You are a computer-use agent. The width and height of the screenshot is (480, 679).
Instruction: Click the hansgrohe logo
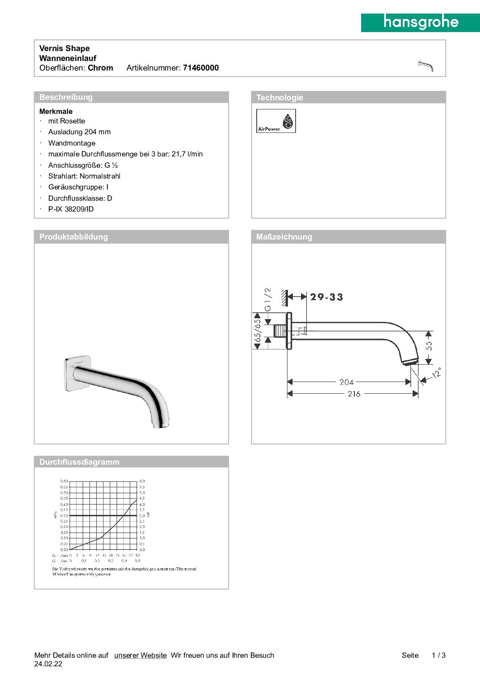(420, 22)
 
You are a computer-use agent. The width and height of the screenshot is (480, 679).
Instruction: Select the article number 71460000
(201, 68)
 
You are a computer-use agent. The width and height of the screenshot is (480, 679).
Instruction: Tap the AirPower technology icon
(276, 121)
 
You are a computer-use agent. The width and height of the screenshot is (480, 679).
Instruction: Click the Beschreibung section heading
(66, 97)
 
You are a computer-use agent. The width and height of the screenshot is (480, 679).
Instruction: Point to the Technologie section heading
(279, 98)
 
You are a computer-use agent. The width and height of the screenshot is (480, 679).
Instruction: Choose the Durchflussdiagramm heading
(80, 462)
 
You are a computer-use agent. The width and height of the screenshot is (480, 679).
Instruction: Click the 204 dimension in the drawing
(346, 382)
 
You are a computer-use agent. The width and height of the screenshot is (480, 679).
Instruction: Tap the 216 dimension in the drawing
(354, 394)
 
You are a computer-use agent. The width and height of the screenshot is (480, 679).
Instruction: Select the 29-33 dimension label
(326, 297)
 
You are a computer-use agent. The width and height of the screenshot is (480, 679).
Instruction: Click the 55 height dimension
(429, 346)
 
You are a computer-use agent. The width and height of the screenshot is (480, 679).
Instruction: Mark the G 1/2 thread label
(268, 299)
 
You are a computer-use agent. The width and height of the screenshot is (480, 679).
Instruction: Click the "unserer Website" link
(140, 655)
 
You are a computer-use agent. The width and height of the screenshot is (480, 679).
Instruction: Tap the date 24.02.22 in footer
(48, 664)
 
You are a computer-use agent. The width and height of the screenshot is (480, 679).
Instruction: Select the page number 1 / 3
(438, 655)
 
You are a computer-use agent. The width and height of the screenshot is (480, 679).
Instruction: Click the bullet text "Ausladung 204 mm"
(80, 132)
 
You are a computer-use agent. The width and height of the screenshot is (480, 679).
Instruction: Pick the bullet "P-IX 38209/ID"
(71, 209)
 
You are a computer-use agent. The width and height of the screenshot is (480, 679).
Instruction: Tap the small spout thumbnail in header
(425, 66)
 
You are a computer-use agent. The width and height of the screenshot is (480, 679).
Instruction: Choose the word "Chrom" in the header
(100, 68)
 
